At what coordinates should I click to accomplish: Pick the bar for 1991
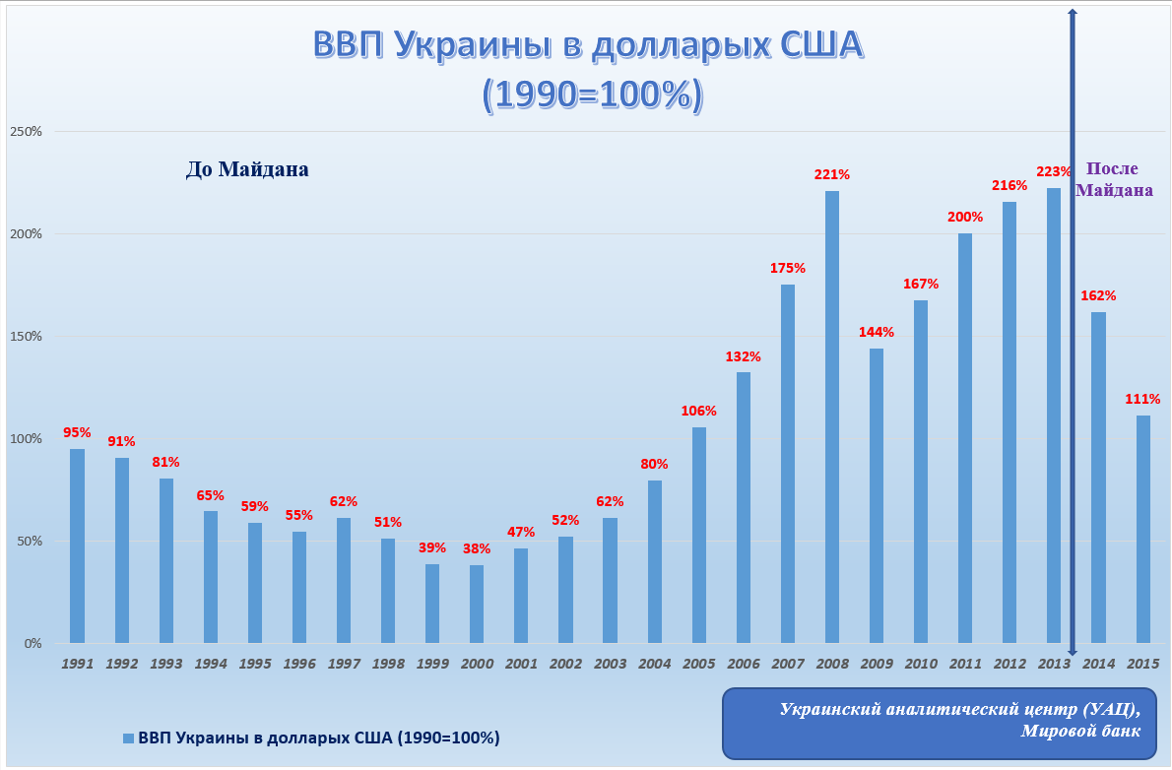coord(77,545)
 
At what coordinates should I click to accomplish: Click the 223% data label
coord(1053,171)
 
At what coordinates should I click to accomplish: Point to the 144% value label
coord(877,332)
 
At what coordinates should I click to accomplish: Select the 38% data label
coord(477,548)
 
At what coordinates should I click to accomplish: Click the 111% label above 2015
coord(1142,399)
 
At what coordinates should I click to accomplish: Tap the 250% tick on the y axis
coord(26,132)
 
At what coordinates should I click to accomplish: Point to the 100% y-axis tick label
coord(26,439)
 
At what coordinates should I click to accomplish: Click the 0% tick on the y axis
coord(33,644)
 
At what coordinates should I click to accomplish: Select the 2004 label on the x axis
coord(654,665)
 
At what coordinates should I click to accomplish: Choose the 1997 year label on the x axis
coord(344,665)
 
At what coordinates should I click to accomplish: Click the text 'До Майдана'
coord(247,169)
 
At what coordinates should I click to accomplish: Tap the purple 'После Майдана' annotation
coord(1114,179)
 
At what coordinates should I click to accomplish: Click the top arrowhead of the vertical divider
coord(1073,12)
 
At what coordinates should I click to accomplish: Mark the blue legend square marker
coord(128,738)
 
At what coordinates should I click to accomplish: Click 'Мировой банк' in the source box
coord(1079,731)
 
